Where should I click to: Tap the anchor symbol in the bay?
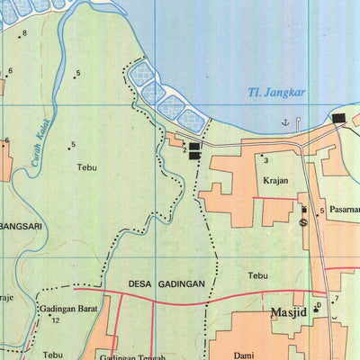[x=285, y=121]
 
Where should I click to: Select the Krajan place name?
[x=275, y=180]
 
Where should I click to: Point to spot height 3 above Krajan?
[x=265, y=159]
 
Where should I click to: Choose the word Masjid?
[x=289, y=312]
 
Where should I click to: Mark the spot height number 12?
[x=55, y=320]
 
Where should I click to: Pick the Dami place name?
[x=242, y=355]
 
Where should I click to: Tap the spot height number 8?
[x=25, y=33]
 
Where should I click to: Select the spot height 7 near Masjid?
[x=336, y=299]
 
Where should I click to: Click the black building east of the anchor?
[x=338, y=118]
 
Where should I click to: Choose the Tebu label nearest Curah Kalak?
[x=86, y=167]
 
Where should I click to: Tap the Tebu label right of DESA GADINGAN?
[x=258, y=275]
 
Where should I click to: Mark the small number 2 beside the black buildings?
[x=185, y=149]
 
